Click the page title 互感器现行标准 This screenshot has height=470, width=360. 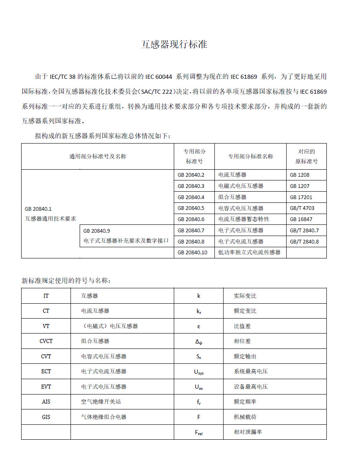pos(174,45)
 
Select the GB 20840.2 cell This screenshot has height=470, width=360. pos(191,175)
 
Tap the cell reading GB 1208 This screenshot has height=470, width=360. pos(299,175)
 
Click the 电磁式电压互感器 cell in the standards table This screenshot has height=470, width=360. pos(241,186)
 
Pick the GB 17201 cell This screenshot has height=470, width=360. pos(301,197)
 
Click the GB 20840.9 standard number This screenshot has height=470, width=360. pos(97,230)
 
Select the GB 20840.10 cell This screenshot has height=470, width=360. pos(192,252)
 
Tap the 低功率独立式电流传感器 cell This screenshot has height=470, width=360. pos(249,252)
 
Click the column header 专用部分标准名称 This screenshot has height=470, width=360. pos(251,156)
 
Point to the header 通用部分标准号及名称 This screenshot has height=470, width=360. pos(97,156)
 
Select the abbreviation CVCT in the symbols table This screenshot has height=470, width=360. pos(46,341)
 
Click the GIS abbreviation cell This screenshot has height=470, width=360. pos(46,417)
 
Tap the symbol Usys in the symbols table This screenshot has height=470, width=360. pos(199,372)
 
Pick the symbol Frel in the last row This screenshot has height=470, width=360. pos(199,433)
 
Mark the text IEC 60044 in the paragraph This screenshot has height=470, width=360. pos(159,77)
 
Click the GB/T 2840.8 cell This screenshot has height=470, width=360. pos(304,241)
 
